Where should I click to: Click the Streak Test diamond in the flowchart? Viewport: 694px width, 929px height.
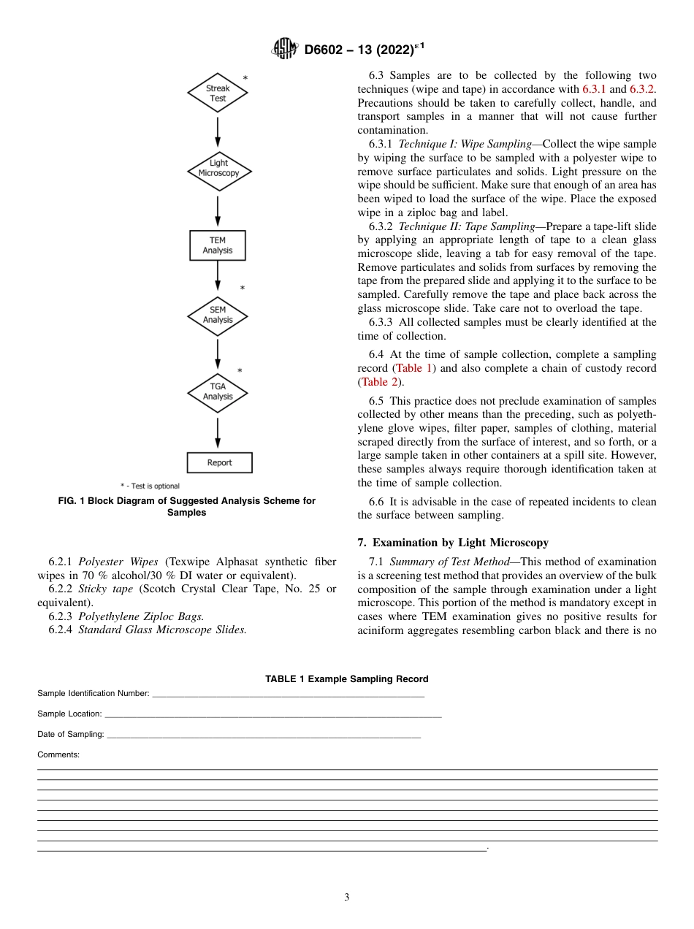point(218,93)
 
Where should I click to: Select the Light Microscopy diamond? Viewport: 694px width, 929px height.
point(218,169)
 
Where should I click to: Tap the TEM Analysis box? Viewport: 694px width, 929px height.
point(218,245)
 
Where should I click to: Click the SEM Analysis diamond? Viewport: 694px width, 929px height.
point(218,315)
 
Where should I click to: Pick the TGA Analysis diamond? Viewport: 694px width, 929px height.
point(218,391)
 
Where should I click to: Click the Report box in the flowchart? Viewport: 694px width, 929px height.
point(219,462)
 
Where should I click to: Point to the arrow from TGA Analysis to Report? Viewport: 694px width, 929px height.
point(218,433)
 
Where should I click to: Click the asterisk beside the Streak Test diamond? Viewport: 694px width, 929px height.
point(245,78)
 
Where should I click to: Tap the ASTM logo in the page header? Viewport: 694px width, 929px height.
point(284,49)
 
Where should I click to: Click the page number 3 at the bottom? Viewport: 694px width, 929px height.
point(347,898)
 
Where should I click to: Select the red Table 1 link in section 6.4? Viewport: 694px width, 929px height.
point(414,368)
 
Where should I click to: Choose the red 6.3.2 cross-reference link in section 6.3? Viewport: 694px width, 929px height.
point(642,89)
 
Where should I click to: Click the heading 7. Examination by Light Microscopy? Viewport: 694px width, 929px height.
point(460,542)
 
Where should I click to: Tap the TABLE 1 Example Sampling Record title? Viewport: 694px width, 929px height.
point(346,679)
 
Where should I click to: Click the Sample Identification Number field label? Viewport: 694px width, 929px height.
point(94,693)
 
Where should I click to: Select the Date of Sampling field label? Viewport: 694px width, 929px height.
point(71,734)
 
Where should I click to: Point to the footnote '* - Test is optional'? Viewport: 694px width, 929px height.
point(150,486)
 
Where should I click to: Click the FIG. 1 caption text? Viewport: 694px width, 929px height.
point(187,506)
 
